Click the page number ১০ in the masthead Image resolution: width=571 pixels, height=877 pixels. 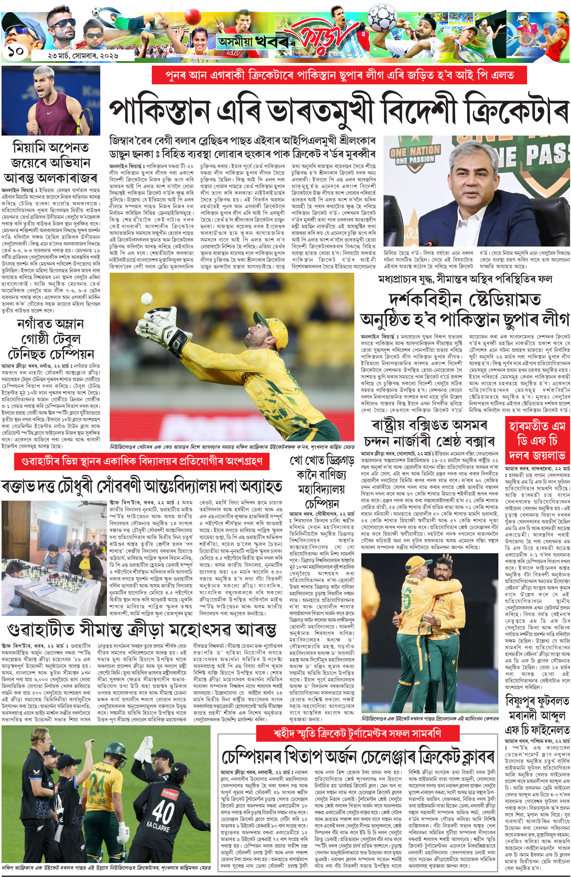tap(15, 52)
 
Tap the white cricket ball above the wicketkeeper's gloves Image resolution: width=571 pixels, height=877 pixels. tap(146, 298)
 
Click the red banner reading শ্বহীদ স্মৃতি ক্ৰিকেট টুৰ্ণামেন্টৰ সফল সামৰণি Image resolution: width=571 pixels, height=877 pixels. tap(357, 733)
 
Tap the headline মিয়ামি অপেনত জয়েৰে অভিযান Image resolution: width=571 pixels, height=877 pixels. tap(50, 155)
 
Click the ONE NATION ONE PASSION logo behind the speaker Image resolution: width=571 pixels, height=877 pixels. tap(415, 154)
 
